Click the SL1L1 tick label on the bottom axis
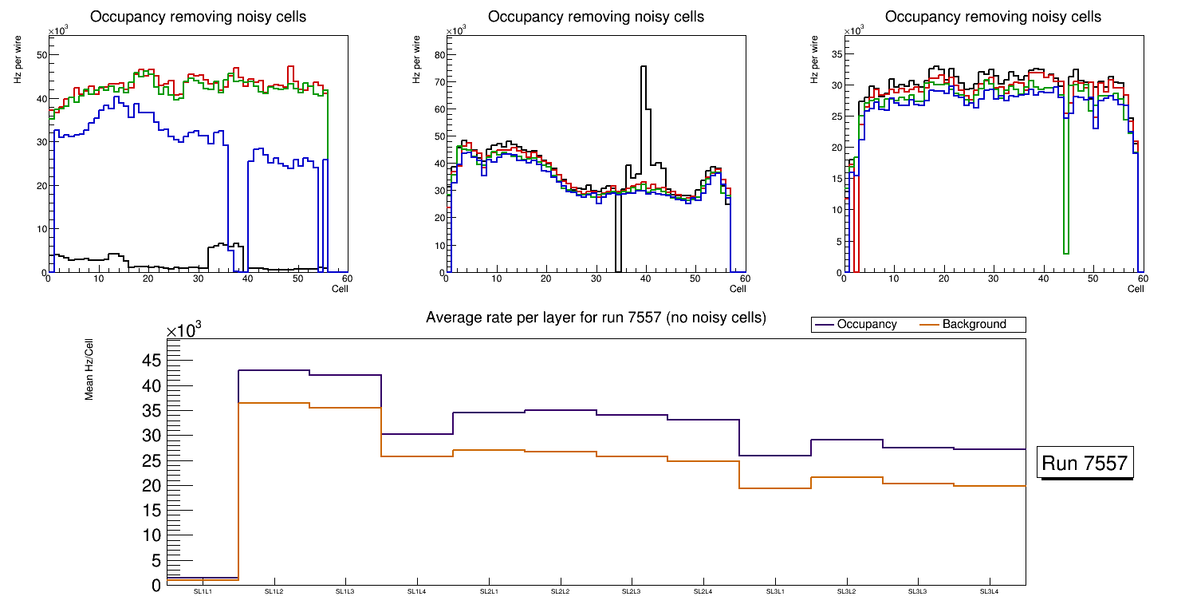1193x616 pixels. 203,592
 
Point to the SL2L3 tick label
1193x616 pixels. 632,592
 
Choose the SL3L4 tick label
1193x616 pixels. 990,592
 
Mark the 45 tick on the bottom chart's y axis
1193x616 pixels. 152,361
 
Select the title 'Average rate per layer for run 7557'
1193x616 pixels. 596,318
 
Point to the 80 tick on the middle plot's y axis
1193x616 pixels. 438,55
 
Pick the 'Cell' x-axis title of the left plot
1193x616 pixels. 340,288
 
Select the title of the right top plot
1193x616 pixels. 993,17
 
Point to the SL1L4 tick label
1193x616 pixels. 417,592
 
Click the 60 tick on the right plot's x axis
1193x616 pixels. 1143,278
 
